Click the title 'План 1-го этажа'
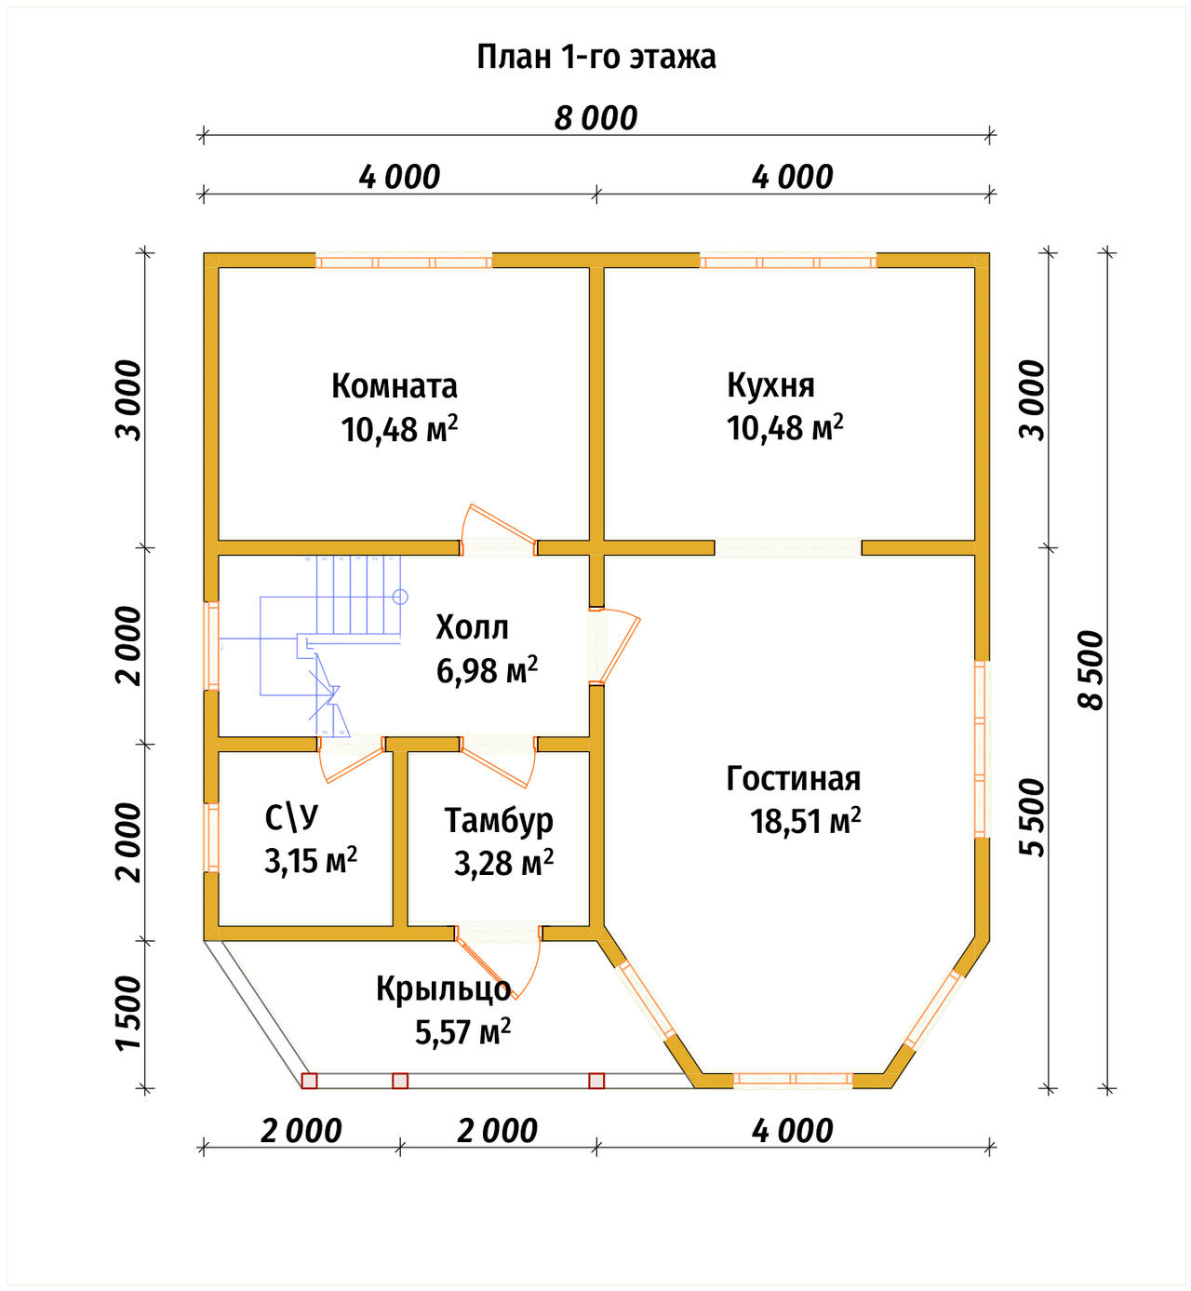pos(595,57)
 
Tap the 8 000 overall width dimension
pos(595,119)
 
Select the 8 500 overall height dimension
pos(1091,669)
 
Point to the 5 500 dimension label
pos(1032,817)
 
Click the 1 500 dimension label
pos(128,1012)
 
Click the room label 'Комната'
pos(394,386)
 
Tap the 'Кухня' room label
pos(770,385)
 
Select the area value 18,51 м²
pos(806,821)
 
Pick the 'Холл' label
pos(472,627)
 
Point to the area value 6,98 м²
pos(487,670)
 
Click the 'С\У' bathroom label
pos(292,818)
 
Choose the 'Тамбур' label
pos(499,820)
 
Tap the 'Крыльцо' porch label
pos(444,988)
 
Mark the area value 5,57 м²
pos(462,1031)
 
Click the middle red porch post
pos(400,1081)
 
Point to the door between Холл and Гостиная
pos(614,646)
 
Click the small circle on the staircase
pos(400,596)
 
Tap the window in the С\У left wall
pos(211,838)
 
